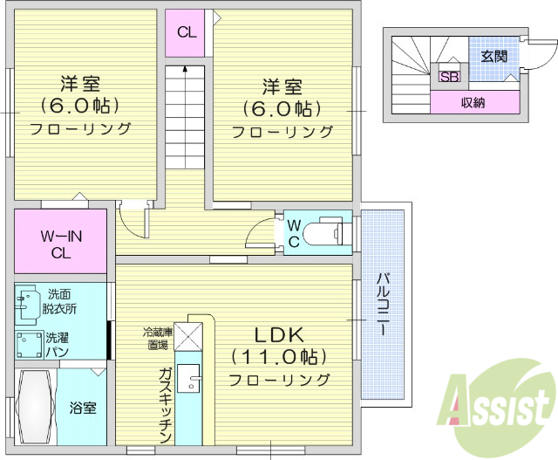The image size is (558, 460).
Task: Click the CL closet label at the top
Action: tap(187, 33)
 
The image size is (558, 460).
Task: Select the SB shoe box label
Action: tap(450, 77)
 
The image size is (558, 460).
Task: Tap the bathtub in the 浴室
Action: tap(35, 407)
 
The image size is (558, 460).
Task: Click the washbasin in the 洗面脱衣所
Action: tap(27, 301)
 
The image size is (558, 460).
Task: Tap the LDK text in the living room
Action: tap(279, 335)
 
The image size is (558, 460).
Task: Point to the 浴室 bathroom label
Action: tap(84, 409)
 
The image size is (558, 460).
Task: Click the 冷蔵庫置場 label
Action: tap(158, 338)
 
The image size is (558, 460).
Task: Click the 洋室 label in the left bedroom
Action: tap(80, 85)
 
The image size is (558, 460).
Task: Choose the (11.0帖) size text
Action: tap(279, 357)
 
